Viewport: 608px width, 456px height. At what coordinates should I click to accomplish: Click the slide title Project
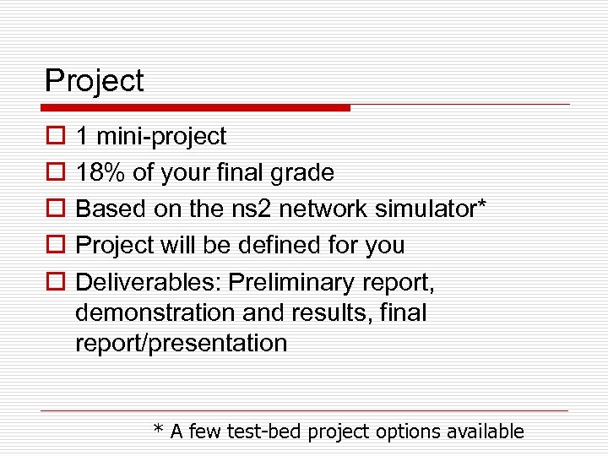[94, 82]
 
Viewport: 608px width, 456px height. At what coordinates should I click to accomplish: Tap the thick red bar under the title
[196, 108]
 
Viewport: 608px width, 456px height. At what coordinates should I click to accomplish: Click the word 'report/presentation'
[181, 344]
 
